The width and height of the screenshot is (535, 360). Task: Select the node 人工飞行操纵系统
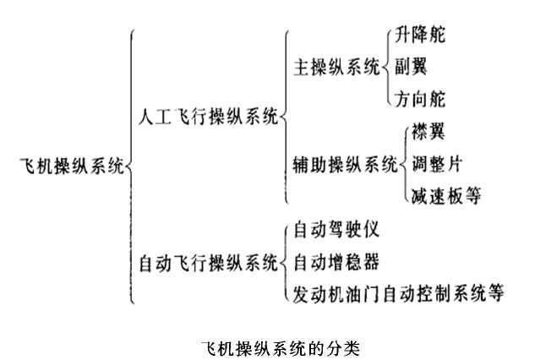point(206,117)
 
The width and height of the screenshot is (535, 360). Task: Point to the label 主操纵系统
point(336,67)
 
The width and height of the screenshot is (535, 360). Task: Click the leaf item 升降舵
point(420,35)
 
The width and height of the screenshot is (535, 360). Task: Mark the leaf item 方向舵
point(420,99)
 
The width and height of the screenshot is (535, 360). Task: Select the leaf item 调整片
point(436,163)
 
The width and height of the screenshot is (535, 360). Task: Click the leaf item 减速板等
point(446,196)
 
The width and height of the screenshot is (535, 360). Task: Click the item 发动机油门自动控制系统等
point(398,293)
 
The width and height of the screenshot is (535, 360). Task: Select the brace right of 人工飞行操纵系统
point(285,117)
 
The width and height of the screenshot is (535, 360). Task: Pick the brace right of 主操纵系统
point(386,67)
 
